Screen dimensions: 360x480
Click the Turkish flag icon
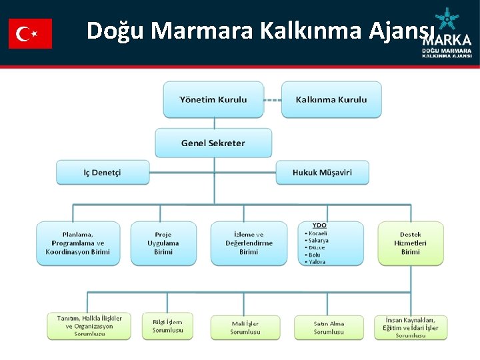(30, 33)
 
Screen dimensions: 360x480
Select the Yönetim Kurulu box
(213, 100)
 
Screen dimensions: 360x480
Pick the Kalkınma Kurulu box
(331, 100)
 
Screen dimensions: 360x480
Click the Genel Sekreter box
(213, 143)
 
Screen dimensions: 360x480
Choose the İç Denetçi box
(102, 173)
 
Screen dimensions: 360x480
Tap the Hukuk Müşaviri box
(322, 173)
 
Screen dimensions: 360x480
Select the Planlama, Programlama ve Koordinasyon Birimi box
(78, 243)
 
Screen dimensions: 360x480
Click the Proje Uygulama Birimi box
(163, 243)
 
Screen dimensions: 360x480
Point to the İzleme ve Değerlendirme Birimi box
(249, 243)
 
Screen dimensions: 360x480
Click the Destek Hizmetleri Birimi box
(411, 243)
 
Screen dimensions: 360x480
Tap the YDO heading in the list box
(320, 226)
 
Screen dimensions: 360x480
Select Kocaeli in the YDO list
(317, 233)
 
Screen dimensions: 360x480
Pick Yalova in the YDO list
(317, 262)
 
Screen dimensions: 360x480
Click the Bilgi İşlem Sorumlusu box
(167, 326)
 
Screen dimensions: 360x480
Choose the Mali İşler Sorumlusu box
(245, 327)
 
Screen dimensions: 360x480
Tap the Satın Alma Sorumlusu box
(329, 327)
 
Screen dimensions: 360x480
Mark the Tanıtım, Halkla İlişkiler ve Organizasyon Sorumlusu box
(89, 326)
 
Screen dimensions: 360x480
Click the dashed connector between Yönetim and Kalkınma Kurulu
(273, 100)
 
